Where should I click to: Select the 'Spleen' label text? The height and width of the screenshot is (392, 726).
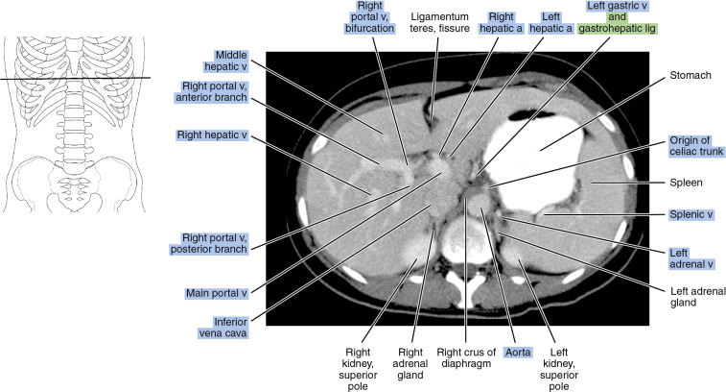(x=671, y=182)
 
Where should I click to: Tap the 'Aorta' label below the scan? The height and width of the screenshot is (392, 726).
(x=515, y=353)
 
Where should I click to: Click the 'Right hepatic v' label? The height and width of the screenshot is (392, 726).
(x=211, y=135)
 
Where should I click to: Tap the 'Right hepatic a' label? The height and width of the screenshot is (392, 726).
(x=502, y=24)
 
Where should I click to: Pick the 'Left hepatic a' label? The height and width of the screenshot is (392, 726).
(x=551, y=24)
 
